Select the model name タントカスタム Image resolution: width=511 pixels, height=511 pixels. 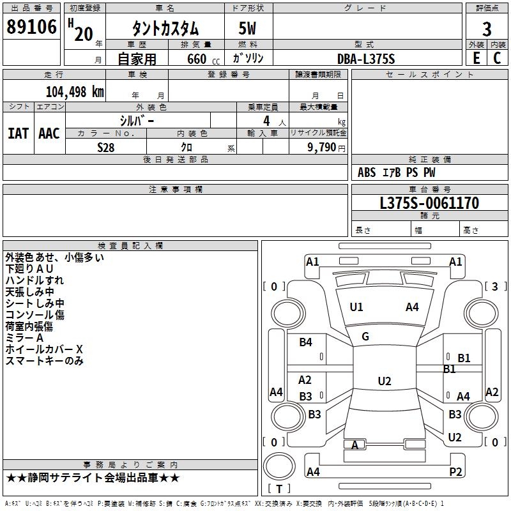(x=165, y=29)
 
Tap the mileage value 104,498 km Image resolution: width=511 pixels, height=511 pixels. (x=75, y=91)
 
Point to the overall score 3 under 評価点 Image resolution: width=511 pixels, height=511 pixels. (x=487, y=29)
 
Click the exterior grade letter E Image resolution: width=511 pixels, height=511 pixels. (x=476, y=58)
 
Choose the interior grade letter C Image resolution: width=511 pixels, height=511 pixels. (x=498, y=58)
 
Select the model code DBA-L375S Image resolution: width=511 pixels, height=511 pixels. (x=366, y=59)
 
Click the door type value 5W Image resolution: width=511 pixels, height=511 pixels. (x=249, y=29)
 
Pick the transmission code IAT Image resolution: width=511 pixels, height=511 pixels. (x=18, y=133)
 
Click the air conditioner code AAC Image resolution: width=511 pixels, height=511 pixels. (x=49, y=133)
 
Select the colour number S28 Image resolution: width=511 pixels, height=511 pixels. (x=106, y=148)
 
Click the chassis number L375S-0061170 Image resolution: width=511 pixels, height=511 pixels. (x=429, y=204)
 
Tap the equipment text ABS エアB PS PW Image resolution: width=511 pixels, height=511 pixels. (x=397, y=172)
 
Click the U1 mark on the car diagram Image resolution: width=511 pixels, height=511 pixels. (x=356, y=307)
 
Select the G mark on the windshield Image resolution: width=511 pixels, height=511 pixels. (x=365, y=337)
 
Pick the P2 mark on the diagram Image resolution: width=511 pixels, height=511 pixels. (x=455, y=472)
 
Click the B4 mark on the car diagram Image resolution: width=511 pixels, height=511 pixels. (x=306, y=342)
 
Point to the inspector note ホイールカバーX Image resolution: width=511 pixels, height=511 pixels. (x=45, y=349)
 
